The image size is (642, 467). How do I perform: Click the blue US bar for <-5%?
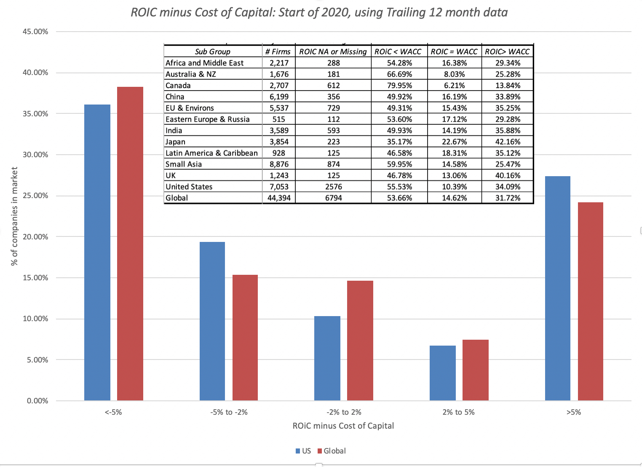tap(97, 253)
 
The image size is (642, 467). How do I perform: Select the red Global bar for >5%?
tap(590, 301)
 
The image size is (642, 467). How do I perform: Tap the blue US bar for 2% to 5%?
tap(442, 373)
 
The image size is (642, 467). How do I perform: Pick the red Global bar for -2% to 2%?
tap(360, 341)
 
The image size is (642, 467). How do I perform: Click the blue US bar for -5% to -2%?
tap(212, 321)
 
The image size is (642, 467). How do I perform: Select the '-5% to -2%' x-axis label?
tap(229, 412)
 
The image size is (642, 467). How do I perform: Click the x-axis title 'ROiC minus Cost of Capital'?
tap(343, 426)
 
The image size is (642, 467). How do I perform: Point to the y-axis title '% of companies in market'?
tap(15, 216)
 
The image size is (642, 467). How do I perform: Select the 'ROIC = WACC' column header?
tap(454, 51)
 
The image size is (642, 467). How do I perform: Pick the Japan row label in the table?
tap(175, 142)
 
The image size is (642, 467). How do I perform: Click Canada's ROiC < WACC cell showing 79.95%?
tap(399, 86)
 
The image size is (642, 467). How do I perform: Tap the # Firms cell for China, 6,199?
tap(279, 97)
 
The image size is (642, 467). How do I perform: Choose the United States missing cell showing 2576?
tap(333, 187)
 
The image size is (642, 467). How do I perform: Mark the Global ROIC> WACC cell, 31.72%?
tap(508, 198)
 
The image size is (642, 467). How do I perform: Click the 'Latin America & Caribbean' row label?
tap(211, 153)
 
